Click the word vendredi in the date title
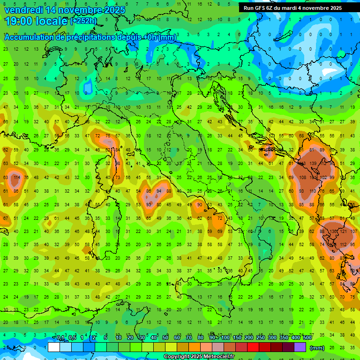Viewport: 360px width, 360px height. pyautogui.click(x=24, y=10)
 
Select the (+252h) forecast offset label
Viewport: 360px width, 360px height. pyautogui.click(x=83, y=21)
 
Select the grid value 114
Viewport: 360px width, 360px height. pyautogui.click(x=17, y=178)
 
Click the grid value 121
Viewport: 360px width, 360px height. pyautogui.click(x=345, y=231)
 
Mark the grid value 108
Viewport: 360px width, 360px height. pyautogui.click(x=302, y=178)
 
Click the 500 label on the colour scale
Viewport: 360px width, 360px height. pyautogui.click(x=307, y=337)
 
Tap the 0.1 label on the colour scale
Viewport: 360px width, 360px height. pyautogui.click(x=60, y=337)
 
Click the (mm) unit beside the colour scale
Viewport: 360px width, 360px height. pyautogui.click(x=317, y=348)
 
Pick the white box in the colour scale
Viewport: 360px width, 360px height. pyautogui.click(x=54, y=347)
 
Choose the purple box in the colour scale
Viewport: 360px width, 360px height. pyautogui.click(x=300, y=347)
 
